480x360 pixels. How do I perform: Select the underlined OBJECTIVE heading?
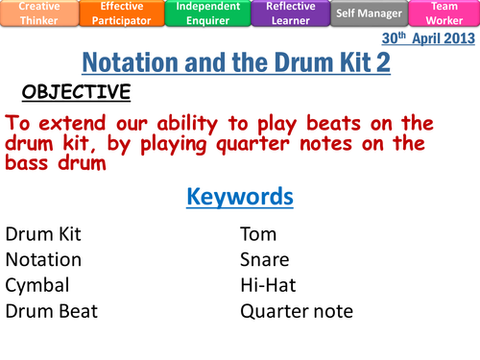[x=76, y=92]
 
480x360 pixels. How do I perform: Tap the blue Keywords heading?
[x=239, y=197]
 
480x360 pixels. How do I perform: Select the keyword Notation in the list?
[x=43, y=259]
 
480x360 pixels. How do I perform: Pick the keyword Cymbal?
[x=38, y=285]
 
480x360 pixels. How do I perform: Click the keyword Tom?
[x=256, y=233]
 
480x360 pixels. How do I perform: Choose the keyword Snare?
[x=264, y=259]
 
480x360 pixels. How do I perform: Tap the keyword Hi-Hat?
[x=268, y=285]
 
